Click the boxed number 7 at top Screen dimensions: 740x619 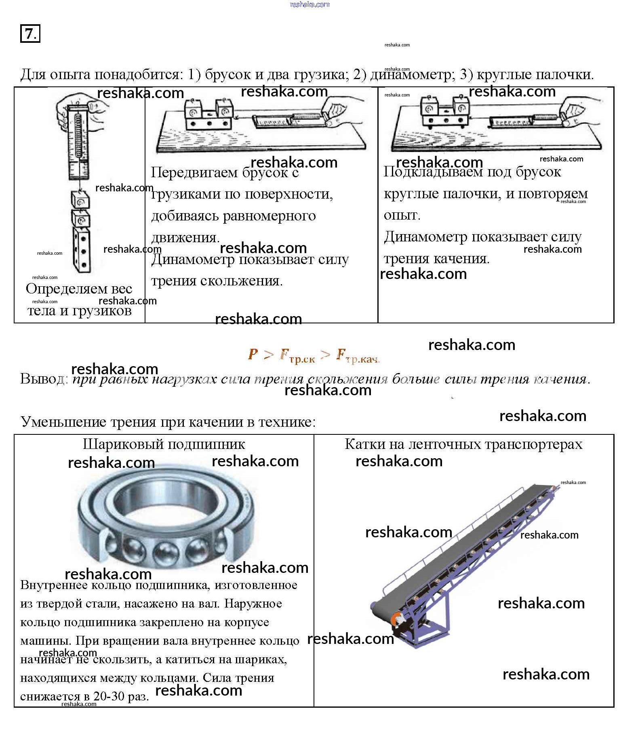click(30, 33)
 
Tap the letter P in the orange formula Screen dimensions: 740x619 click(253, 354)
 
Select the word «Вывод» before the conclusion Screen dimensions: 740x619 click(42, 379)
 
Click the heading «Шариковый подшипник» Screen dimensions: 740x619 click(164, 444)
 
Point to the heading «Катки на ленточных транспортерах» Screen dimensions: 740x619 click(463, 444)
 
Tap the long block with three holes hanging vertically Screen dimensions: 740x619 click(82, 250)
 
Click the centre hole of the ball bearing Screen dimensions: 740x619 click(166, 501)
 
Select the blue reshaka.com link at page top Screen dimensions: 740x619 click(310, 4)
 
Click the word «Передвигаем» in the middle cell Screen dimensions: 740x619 click(194, 173)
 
